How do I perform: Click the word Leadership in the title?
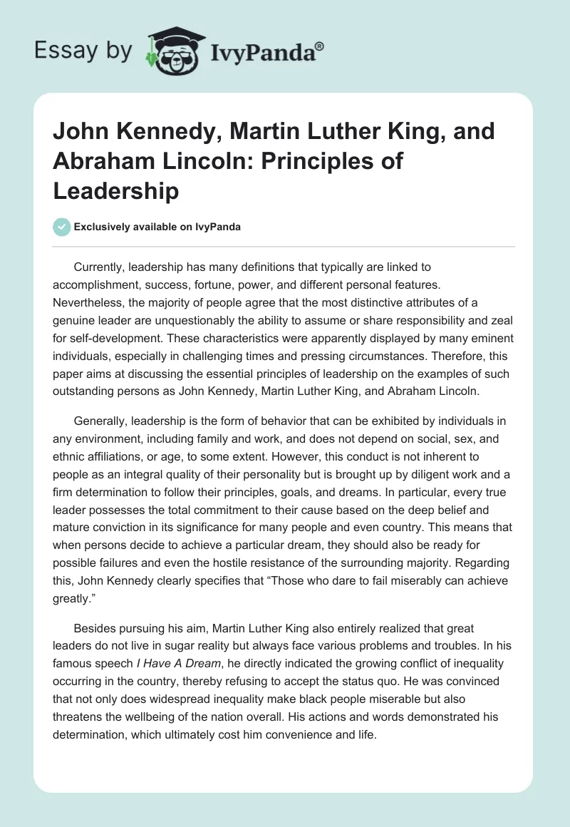coord(116,191)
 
